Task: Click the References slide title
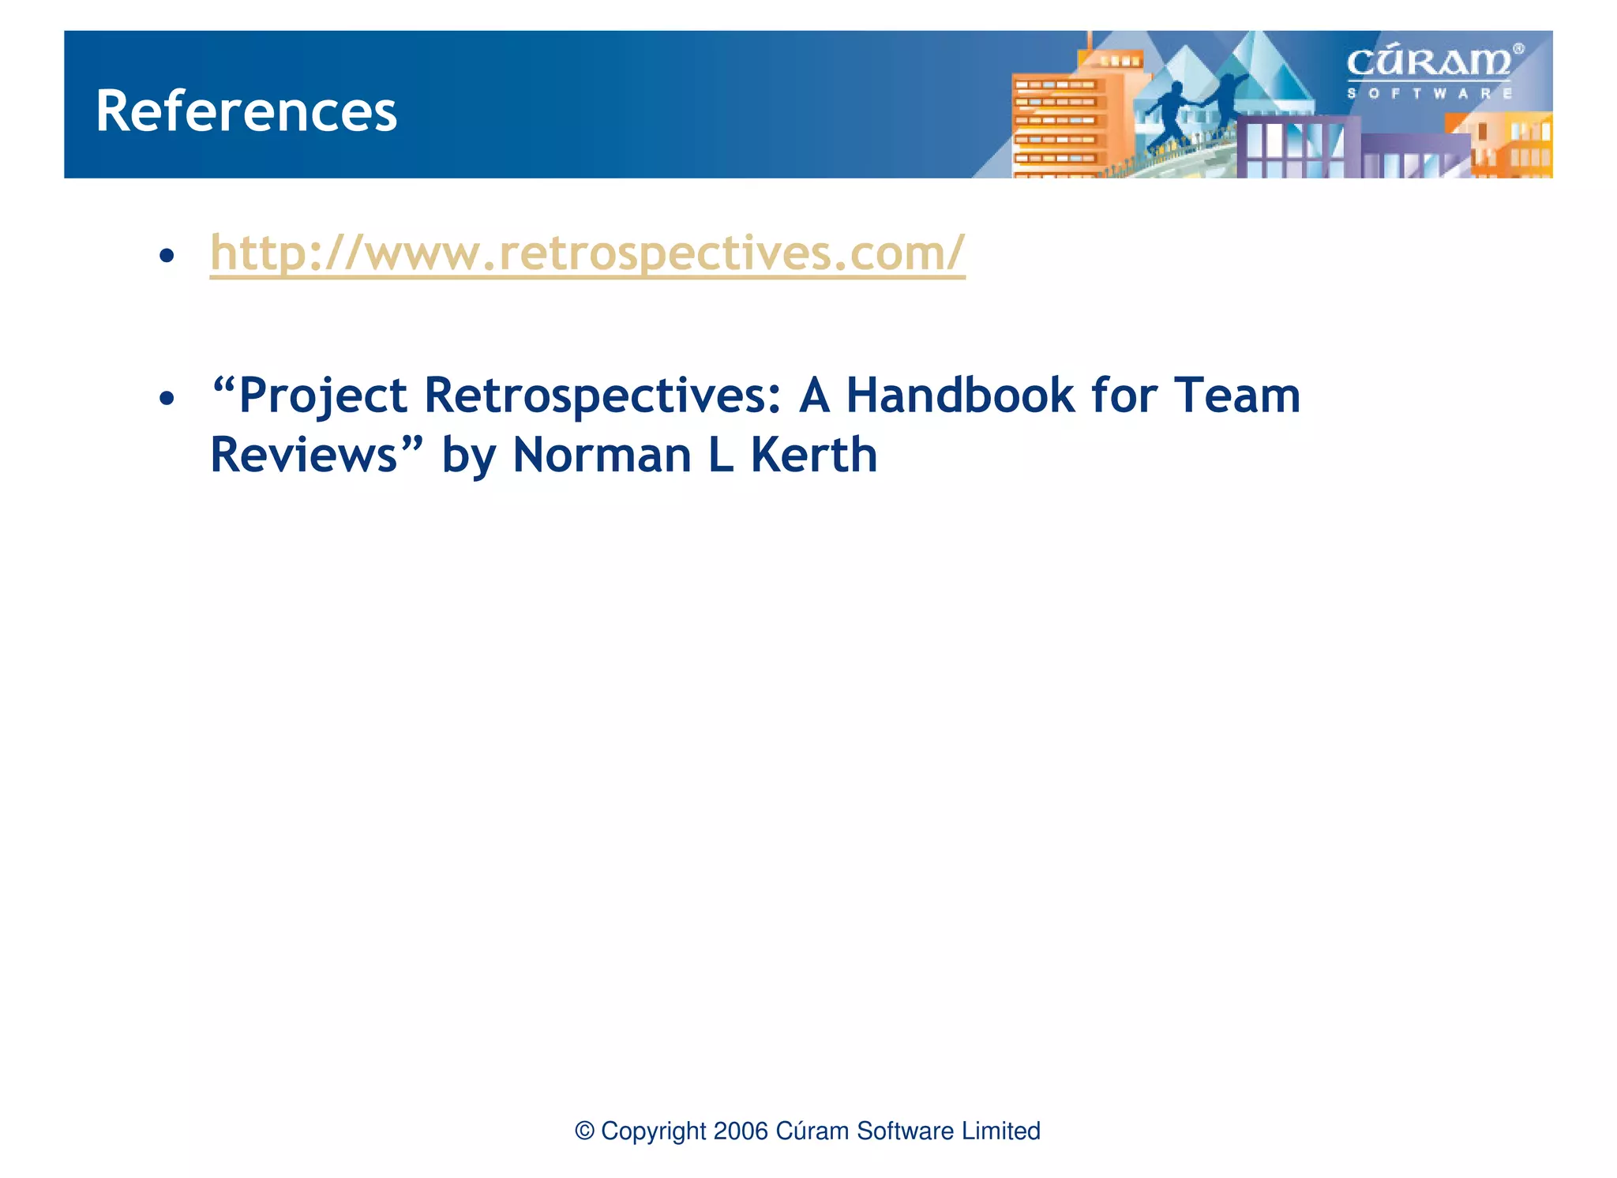click(x=246, y=111)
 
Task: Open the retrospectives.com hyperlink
click(x=587, y=253)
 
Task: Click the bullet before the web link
click(x=166, y=256)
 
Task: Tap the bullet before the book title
click(x=166, y=399)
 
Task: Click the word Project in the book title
click(x=322, y=396)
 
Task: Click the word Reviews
click(x=304, y=456)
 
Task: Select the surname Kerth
click(x=813, y=456)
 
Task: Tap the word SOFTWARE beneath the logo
click(x=1429, y=93)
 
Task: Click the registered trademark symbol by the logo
click(x=1518, y=49)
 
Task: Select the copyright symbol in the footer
click(x=584, y=1131)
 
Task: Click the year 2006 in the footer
click(x=740, y=1131)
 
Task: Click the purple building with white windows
click(x=1295, y=146)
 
